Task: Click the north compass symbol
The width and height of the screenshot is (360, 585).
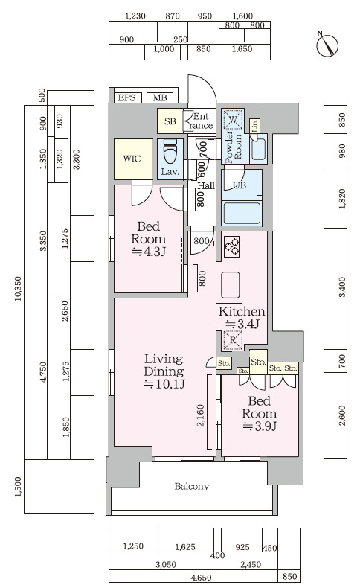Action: coord(327,46)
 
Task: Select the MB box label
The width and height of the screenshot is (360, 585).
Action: coord(160,98)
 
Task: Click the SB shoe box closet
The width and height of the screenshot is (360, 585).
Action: coord(170,121)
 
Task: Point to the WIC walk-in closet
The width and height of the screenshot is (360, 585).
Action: coord(132,159)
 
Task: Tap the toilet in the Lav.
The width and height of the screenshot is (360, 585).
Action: coord(170,153)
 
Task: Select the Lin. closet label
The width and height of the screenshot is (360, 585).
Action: coord(255,126)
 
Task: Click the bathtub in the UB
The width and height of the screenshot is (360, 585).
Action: coord(241,212)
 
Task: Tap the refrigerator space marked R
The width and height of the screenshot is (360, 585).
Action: coord(233,340)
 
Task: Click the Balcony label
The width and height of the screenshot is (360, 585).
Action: coord(192,486)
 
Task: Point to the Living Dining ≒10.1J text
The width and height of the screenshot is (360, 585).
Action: coord(164,371)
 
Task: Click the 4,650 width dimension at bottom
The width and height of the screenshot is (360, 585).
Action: coord(202,578)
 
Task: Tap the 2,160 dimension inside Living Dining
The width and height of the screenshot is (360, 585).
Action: coord(201,416)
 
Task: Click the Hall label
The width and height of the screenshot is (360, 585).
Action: coord(206,186)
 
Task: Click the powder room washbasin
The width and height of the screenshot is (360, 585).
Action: coord(258,149)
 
